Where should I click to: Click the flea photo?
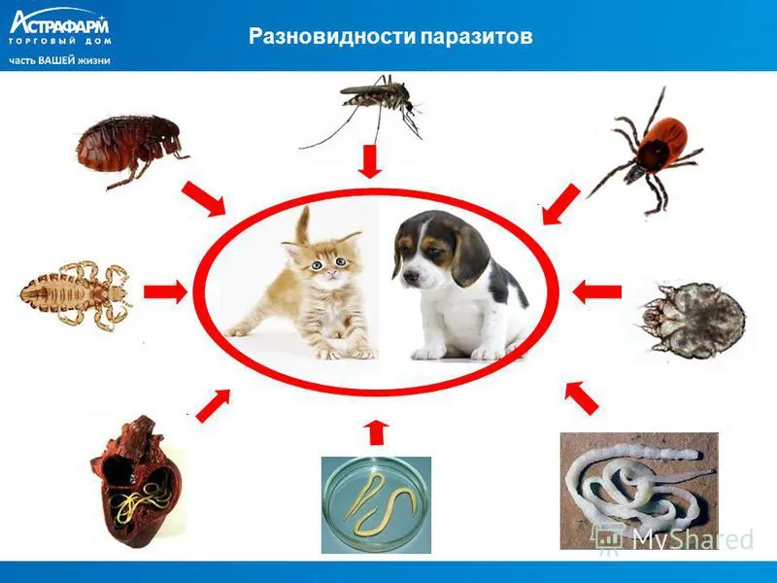point(130,148)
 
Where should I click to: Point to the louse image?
point(76,294)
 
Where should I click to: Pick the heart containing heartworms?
point(137,482)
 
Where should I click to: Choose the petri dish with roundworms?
point(376,504)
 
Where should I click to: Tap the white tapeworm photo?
point(639,491)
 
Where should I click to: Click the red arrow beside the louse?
point(166,291)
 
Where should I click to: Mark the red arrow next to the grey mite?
point(596,292)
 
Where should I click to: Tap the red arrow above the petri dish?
point(376,433)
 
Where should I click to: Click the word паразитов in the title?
point(478,37)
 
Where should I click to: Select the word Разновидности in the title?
point(333,36)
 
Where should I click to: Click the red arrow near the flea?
point(203,198)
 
